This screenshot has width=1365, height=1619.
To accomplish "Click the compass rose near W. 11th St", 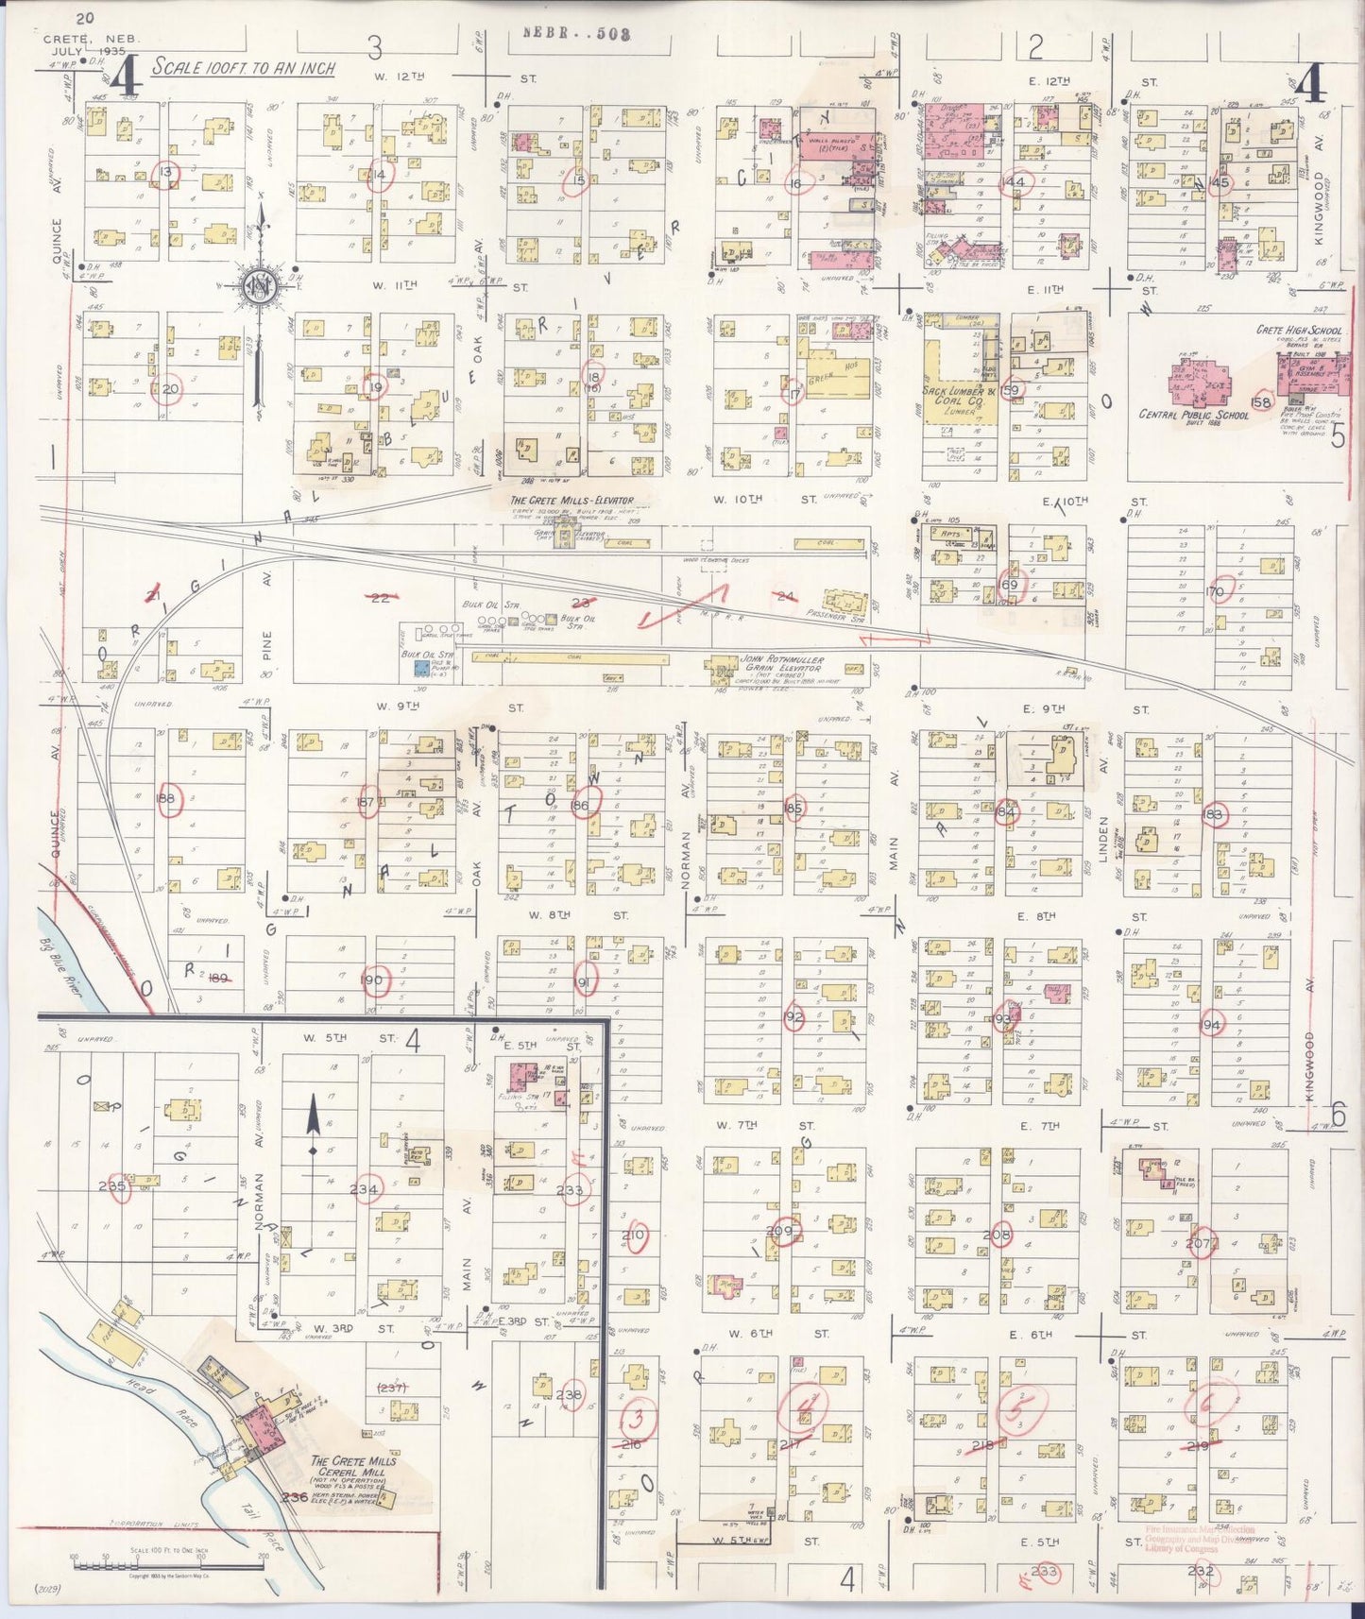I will coord(256,288).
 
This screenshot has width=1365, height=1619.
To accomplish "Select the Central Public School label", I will coord(1194,415).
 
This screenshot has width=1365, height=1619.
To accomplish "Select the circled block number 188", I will coord(169,799).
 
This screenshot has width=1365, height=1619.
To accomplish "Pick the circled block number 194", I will coord(1210,1024).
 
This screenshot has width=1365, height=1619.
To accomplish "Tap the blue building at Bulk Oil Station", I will coord(420,667).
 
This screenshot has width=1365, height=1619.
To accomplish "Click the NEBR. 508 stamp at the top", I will coord(576,33).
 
